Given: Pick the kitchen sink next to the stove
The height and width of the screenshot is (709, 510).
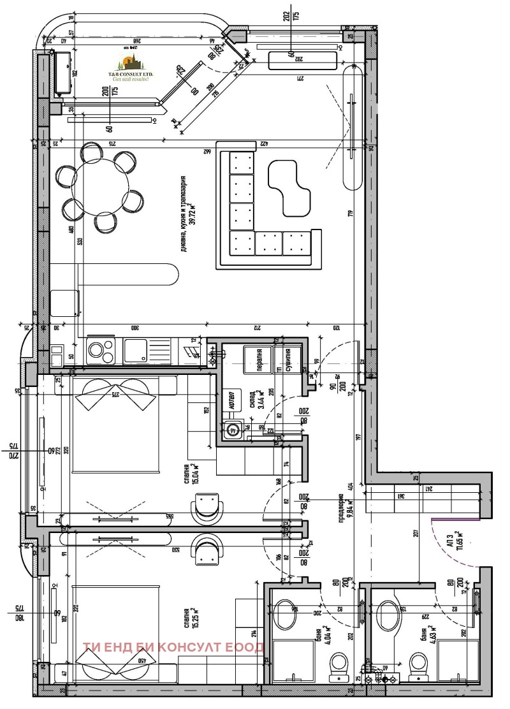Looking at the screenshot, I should [x=137, y=350].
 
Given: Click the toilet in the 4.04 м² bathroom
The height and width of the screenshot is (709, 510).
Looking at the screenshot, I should [x=338, y=666].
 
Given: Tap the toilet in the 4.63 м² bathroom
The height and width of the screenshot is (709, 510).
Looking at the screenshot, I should [x=419, y=664].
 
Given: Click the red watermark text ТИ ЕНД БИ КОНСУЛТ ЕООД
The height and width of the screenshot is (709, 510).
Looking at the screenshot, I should [x=173, y=648].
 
